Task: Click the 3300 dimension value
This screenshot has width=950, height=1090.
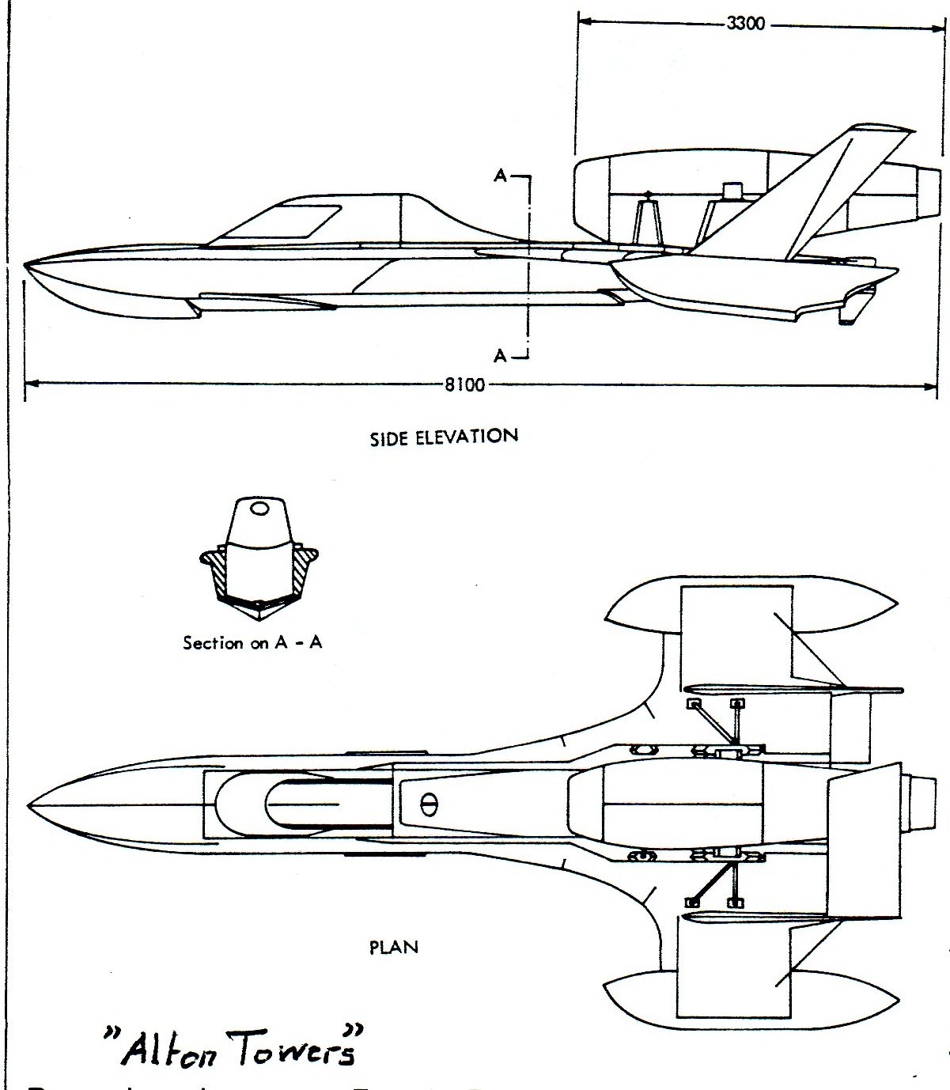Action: pyautogui.click(x=745, y=24)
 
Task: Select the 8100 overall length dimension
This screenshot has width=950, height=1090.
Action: pyautogui.click(x=464, y=386)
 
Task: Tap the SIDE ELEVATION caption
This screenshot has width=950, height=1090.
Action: pyautogui.click(x=444, y=436)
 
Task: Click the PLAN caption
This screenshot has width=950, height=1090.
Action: pyautogui.click(x=394, y=947)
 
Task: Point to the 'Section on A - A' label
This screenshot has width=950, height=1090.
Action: pyautogui.click(x=252, y=642)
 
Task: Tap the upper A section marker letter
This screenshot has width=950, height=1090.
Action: pyautogui.click(x=500, y=176)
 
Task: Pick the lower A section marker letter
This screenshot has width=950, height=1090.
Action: pyautogui.click(x=500, y=356)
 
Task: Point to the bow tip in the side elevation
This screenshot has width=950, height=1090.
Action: pyautogui.click(x=26, y=264)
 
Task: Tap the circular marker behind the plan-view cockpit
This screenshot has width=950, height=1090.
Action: pyautogui.click(x=429, y=804)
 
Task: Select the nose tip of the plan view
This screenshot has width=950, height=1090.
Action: pyautogui.click(x=28, y=804)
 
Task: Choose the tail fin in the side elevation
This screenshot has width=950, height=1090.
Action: pyautogui.click(x=831, y=190)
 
